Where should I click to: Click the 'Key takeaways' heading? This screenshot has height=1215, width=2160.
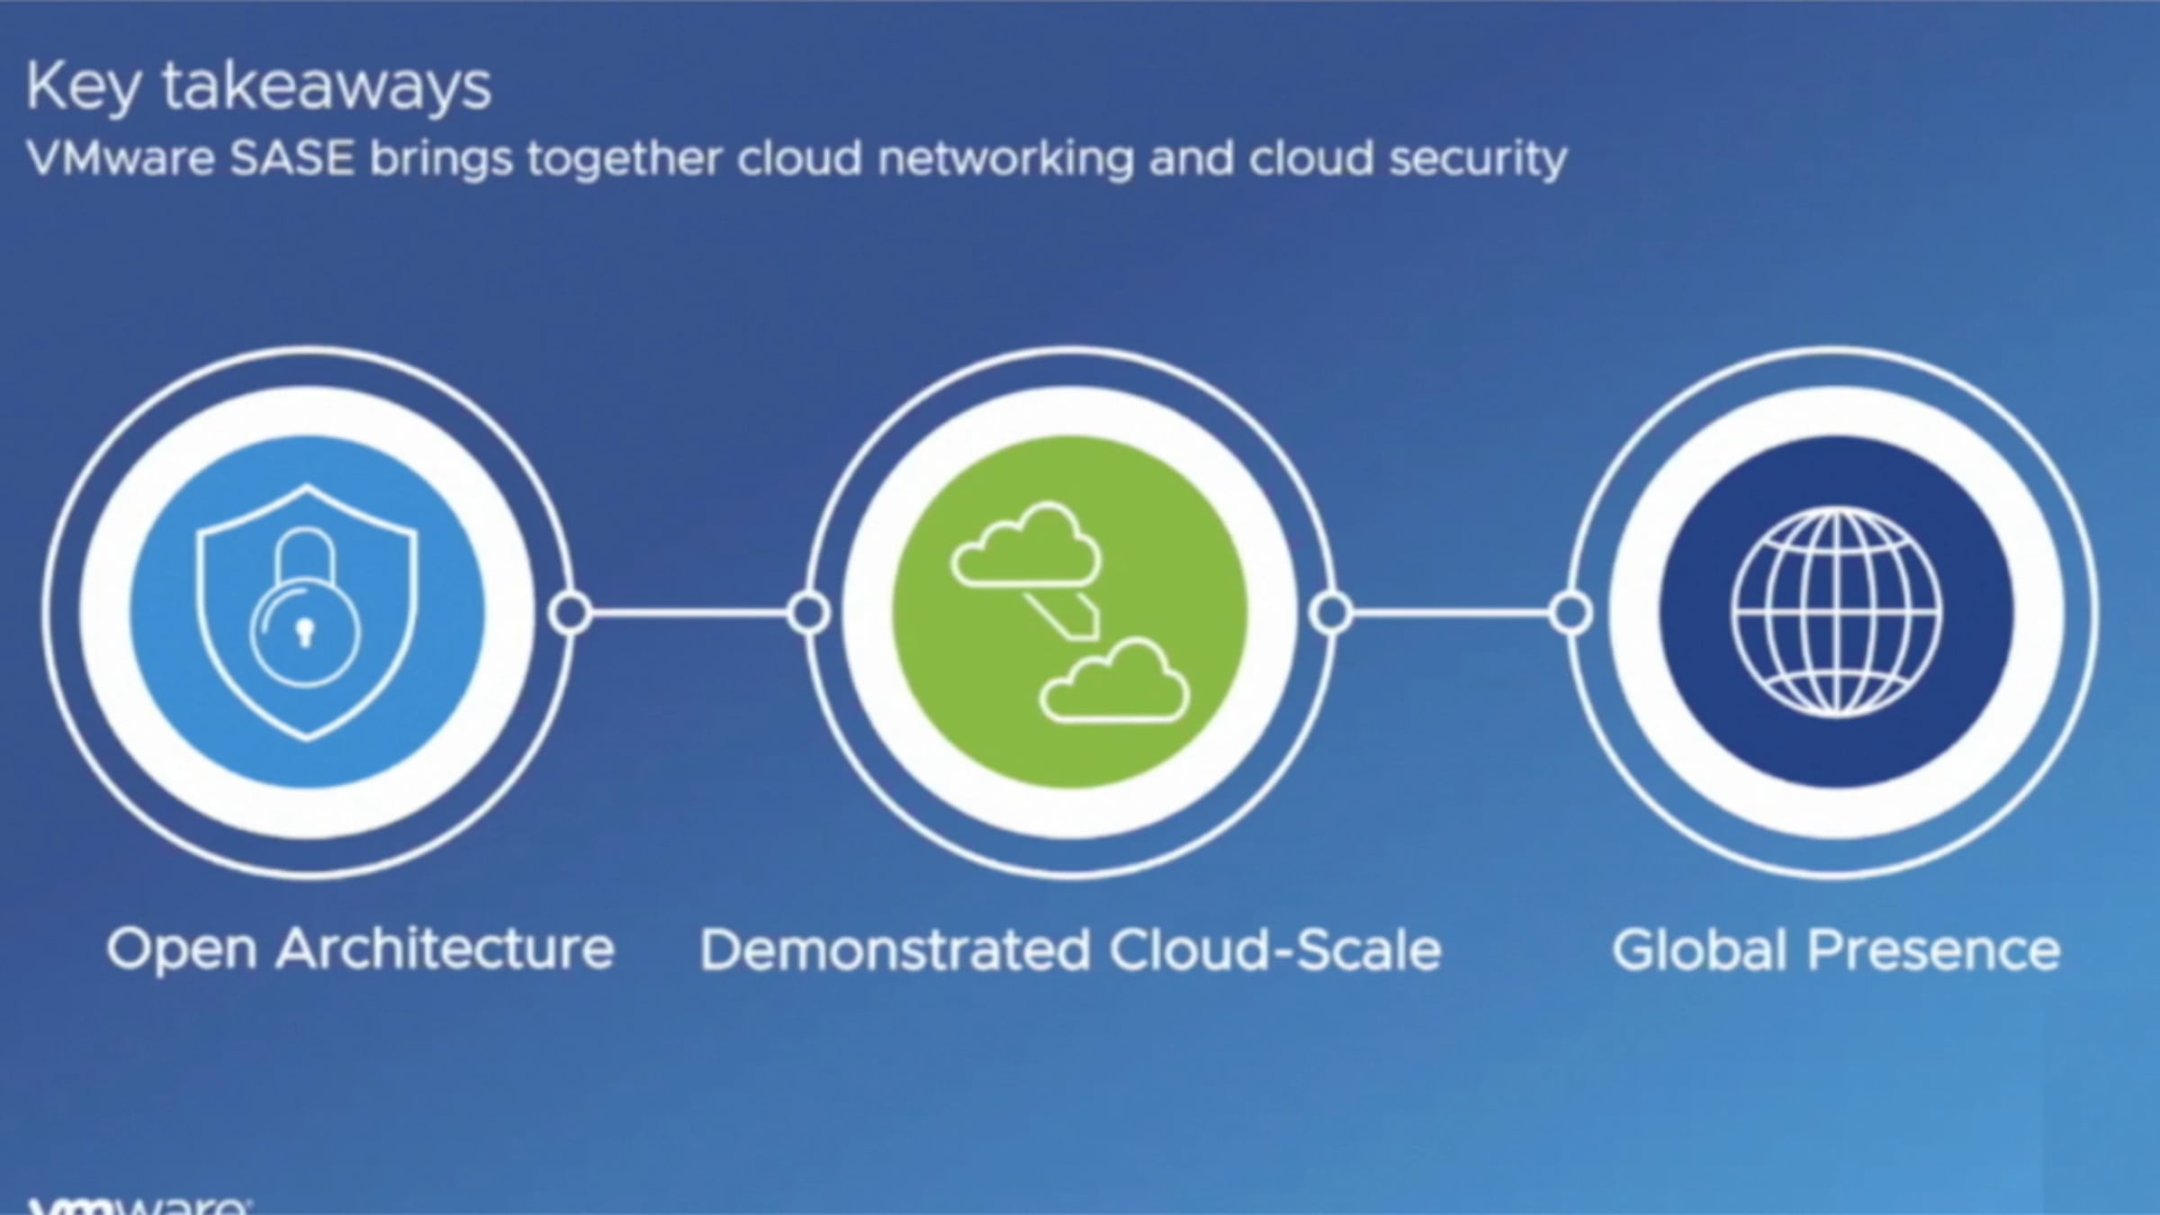tap(259, 88)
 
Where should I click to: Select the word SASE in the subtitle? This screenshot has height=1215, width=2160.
tap(292, 159)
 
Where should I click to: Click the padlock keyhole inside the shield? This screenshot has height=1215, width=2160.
tap(305, 633)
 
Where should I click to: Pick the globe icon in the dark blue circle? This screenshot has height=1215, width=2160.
tap(1835, 613)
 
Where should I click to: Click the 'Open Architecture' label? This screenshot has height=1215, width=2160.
tap(360, 949)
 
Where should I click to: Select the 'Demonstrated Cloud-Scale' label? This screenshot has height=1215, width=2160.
tap(1070, 950)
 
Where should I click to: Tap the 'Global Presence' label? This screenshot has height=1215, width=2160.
tap(1836, 950)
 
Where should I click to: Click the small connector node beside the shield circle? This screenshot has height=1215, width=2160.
tap(570, 613)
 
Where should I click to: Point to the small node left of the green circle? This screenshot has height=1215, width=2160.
tap(808, 613)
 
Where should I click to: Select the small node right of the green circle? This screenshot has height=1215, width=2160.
tap(1331, 613)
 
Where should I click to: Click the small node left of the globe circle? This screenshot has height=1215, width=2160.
tap(1570, 613)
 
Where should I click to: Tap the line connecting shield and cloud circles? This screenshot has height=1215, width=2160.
tap(689, 613)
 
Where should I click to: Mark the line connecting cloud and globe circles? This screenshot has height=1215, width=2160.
tap(1451, 613)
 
